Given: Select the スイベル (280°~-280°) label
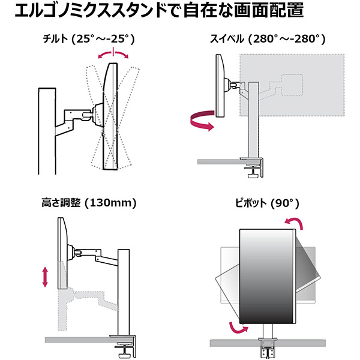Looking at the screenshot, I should [267, 40].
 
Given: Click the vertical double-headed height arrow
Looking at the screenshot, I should [46, 277].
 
